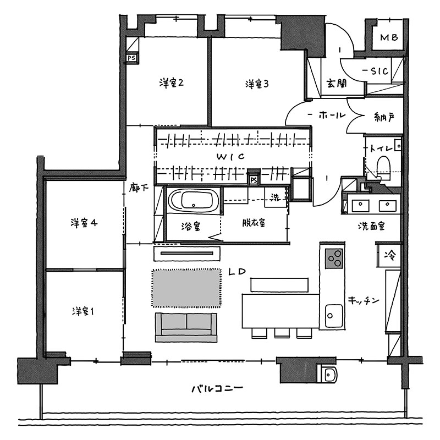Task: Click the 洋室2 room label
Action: click(x=172, y=83)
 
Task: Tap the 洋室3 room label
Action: click(x=257, y=84)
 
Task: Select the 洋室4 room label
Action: click(x=84, y=223)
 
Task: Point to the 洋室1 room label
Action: click(x=83, y=311)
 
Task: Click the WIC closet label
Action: click(x=230, y=157)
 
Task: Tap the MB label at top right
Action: click(x=389, y=37)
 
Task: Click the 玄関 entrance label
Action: click(x=337, y=83)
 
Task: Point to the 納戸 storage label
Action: click(x=384, y=117)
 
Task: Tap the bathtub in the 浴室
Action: click(x=194, y=200)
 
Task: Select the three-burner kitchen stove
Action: click(x=334, y=258)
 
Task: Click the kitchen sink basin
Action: click(x=334, y=316)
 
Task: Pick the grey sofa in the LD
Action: click(x=186, y=327)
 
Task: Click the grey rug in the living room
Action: click(x=186, y=288)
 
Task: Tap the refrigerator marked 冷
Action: click(x=389, y=255)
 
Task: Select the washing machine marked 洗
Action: click(x=276, y=197)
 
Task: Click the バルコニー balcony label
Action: click(x=217, y=389)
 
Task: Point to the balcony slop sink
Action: click(x=327, y=374)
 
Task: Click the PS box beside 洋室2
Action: click(x=131, y=58)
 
